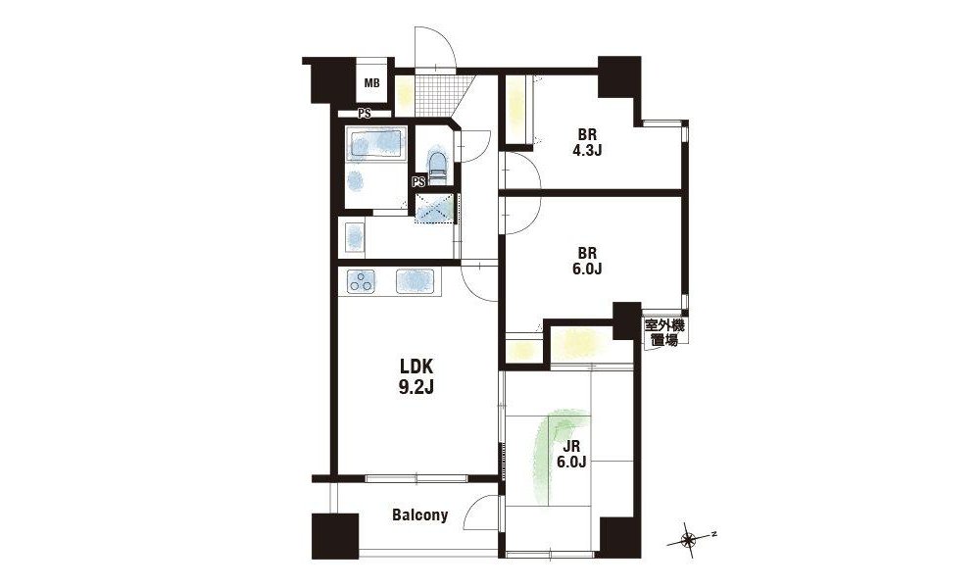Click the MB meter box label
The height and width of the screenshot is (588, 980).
371,82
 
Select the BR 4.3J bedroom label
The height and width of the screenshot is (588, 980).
586,142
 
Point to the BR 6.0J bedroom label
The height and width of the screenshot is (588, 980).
586,262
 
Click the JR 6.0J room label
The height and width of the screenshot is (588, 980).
571,455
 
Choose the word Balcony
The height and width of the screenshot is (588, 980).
420,514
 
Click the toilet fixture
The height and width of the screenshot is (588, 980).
437,165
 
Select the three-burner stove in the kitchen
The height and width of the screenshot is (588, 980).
362,282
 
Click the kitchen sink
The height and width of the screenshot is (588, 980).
415,281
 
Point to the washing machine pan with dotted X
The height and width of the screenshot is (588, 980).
436,208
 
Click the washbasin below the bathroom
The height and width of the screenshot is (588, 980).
355,237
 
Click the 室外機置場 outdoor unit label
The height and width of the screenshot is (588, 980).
664,333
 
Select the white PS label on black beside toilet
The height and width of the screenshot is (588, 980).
418,182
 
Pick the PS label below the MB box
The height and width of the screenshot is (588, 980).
365,114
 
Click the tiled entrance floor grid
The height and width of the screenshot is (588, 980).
436,95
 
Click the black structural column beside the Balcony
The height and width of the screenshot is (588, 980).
335,536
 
